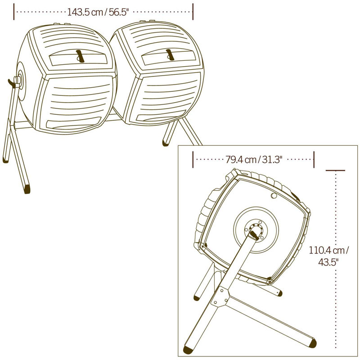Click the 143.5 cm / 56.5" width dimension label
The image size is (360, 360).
(97, 12)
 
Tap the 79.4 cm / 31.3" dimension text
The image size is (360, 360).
(253, 159)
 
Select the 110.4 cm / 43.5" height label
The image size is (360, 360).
(328, 256)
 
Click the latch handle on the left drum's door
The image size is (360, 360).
(80, 56)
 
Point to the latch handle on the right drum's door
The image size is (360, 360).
(170, 54)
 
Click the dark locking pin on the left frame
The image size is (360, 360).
(12, 83)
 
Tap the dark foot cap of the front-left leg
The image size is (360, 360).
(27, 189)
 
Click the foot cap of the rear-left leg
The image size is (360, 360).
(5, 160)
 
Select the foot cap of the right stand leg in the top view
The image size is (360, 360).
(165, 143)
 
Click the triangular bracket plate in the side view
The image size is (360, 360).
(220, 297)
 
